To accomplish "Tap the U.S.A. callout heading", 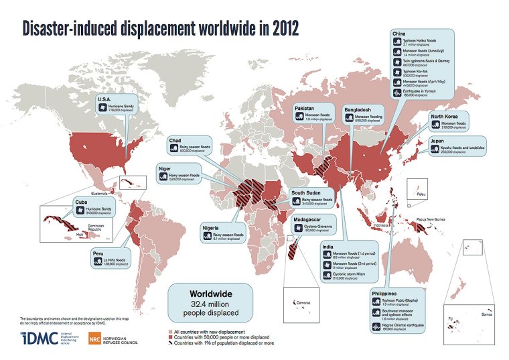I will [106, 99].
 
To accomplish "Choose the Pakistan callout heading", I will [305, 108].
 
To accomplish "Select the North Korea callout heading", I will [445, 117].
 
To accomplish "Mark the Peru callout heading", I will [100, 254].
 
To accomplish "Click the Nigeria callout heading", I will [215, 227].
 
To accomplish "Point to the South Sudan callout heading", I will [307, 192].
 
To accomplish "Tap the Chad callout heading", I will [175, 141].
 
